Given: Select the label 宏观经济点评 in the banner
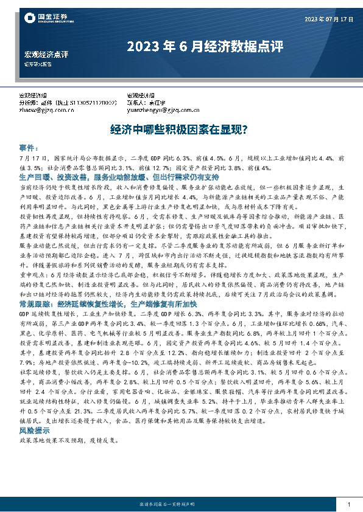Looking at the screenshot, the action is coord(46,55).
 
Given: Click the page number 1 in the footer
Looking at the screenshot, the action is coord(348,505).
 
